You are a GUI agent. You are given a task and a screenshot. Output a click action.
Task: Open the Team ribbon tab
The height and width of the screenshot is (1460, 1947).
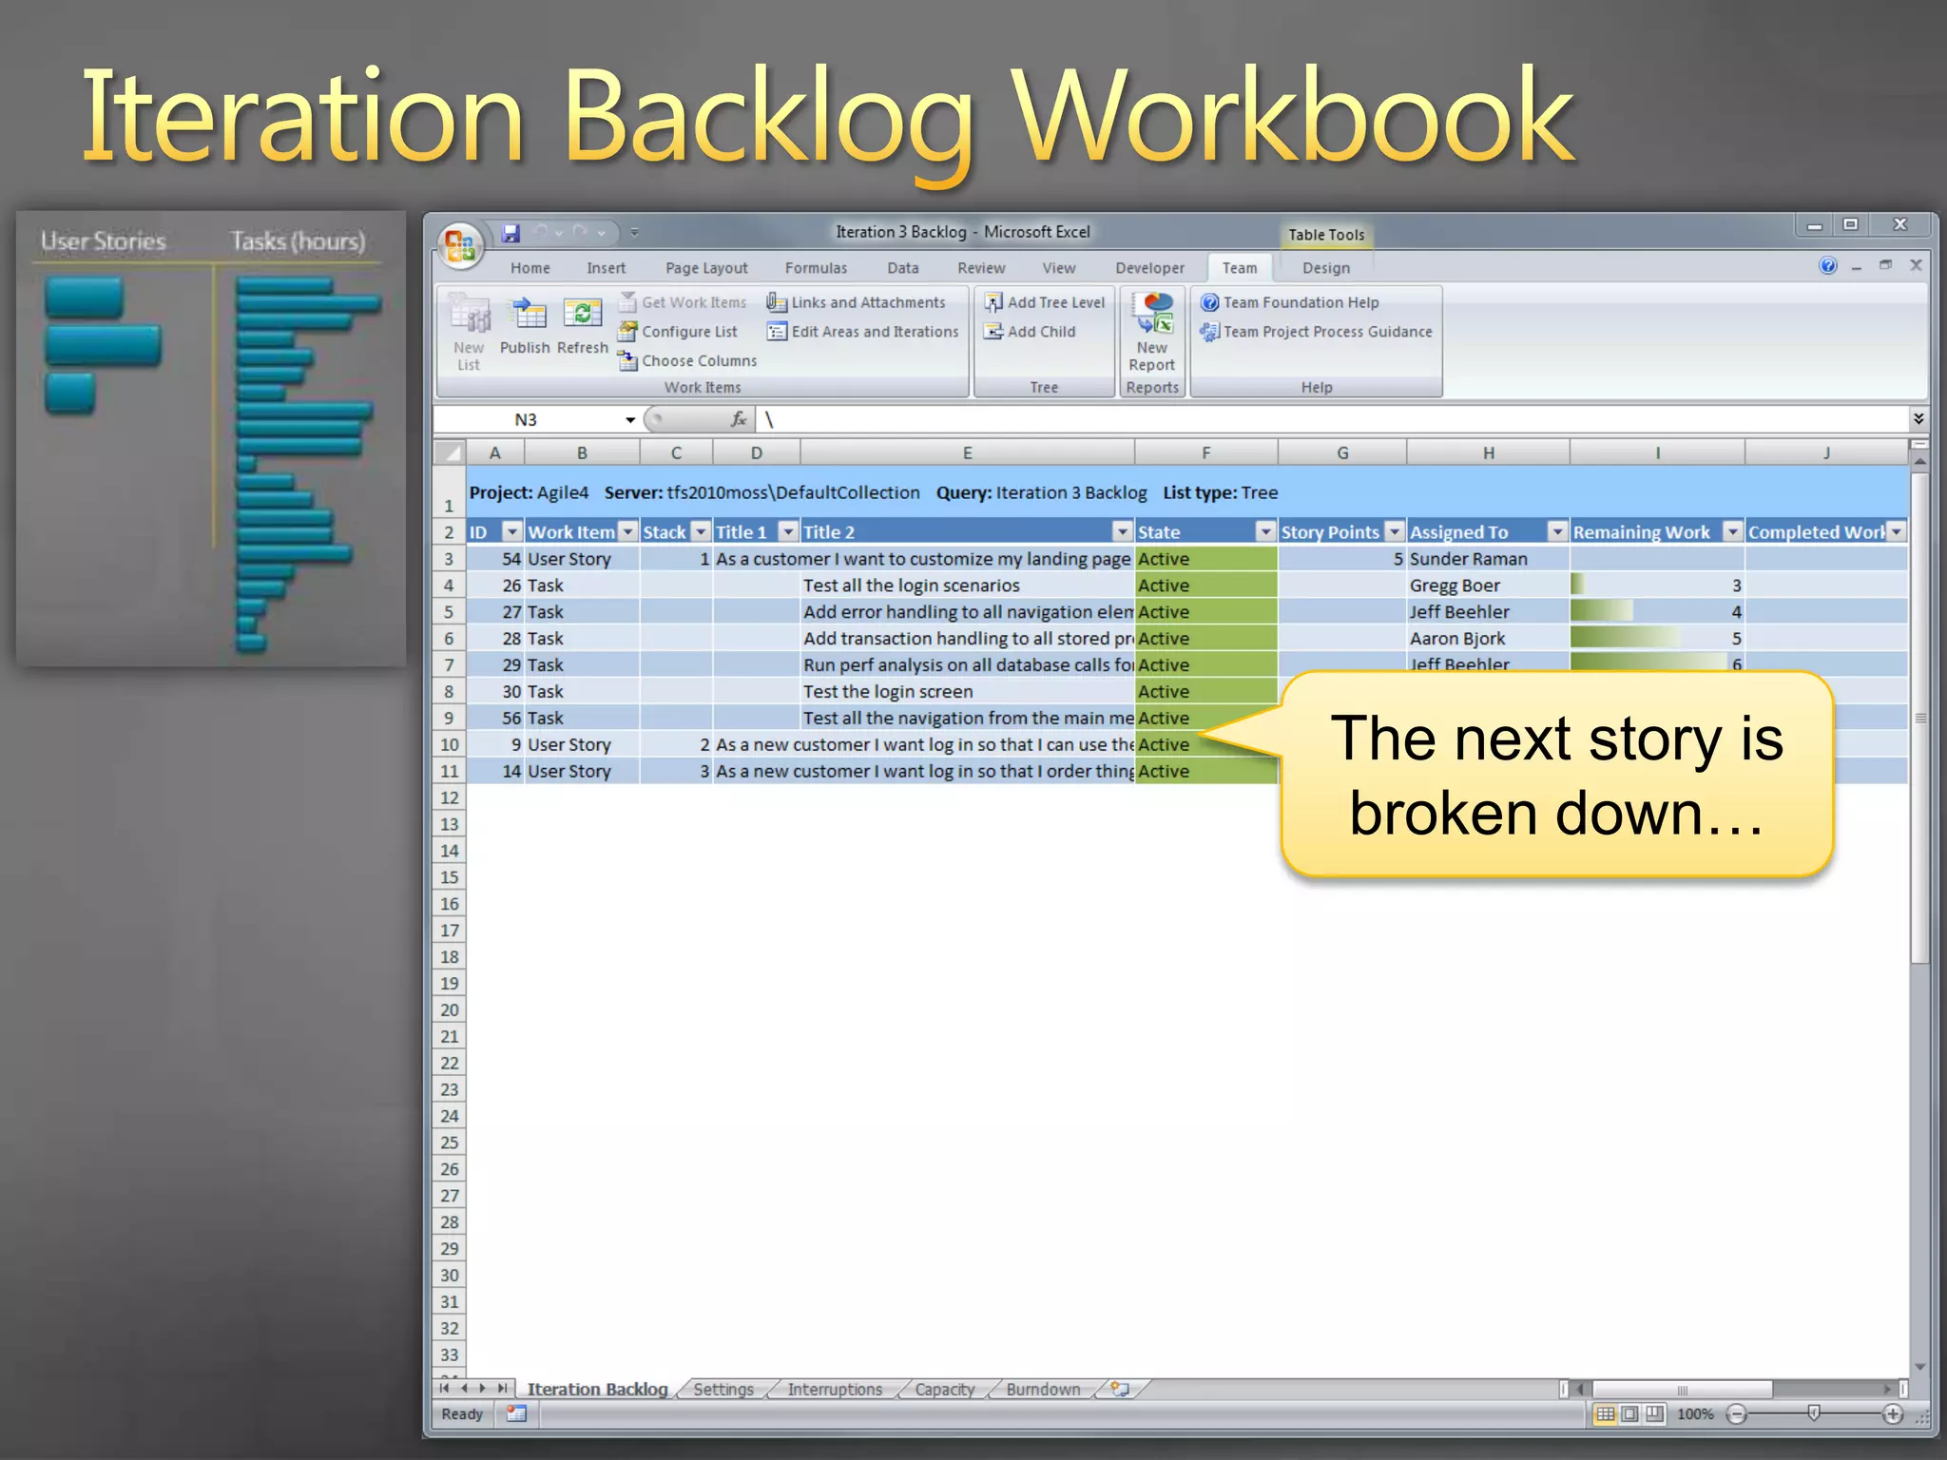[1239, 268]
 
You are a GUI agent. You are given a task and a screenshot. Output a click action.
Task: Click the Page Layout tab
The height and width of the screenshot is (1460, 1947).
[706, 268]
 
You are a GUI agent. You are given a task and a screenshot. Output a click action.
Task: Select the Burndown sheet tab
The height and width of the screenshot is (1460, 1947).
[1043, 1390]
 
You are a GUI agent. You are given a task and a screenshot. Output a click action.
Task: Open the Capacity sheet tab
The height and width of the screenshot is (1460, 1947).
[944, 1390]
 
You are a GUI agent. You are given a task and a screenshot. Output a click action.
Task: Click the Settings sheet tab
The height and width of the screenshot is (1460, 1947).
[723, 1390]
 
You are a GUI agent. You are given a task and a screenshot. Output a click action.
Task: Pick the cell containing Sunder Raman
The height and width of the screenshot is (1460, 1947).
[1468, 559]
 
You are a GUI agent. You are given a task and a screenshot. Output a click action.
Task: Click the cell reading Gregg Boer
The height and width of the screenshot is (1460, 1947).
[1455, 586]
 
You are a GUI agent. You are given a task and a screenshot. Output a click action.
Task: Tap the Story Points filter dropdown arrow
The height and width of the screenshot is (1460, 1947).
[1394, 531]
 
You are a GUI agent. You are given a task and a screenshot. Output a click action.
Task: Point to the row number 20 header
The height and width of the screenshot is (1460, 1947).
[450, 1010]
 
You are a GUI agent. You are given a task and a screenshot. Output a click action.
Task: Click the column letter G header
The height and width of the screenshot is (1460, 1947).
[1342, 453]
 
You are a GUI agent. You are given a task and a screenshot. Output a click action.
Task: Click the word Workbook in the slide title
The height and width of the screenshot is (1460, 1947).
[1292, 119]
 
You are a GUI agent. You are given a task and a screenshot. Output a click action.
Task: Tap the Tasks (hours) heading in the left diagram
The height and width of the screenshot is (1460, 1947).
[298, 241]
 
